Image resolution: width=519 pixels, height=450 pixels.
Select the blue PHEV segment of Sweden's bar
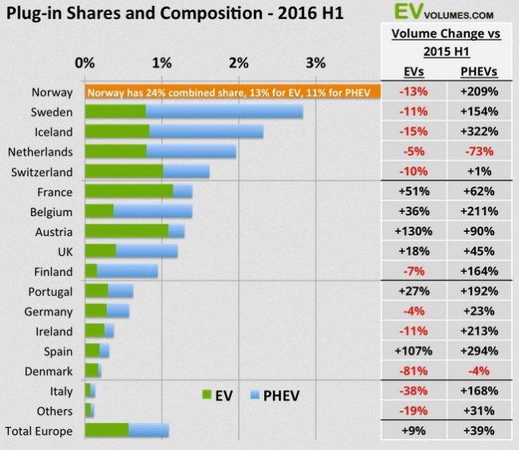(x=224, y=112)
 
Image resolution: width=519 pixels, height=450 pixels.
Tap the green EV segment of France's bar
(x=128, y=191)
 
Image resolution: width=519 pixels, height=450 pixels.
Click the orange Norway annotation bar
(x=231, y=92)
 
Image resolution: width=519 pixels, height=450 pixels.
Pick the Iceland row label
(x=52, y=132)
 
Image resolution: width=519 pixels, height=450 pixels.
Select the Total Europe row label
(x=40, y=431)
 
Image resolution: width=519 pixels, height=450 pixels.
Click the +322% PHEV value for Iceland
(x=478, y=132)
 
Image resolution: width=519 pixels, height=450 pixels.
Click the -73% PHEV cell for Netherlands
(x=478, y=152)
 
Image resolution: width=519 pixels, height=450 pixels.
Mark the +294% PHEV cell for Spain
(x=478, y=351)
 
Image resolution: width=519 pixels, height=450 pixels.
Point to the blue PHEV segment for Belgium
(x=153, y=211)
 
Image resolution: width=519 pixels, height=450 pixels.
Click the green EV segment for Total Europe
(x=106, y=431)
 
